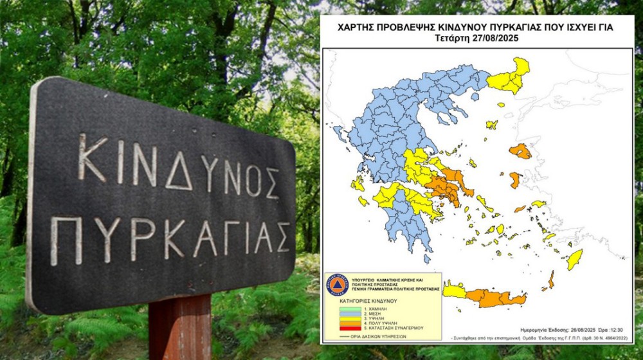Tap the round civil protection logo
337,285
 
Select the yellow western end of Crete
453,292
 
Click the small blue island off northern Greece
475,96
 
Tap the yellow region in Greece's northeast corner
511,78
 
